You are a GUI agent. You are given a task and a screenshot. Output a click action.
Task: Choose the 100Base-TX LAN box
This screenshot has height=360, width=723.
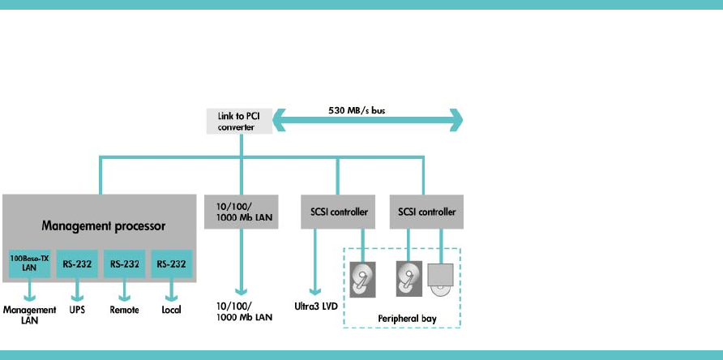click(x=29, y=264)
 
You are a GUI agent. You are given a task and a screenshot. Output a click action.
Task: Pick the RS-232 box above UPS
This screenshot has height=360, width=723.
click(x=78, y=264)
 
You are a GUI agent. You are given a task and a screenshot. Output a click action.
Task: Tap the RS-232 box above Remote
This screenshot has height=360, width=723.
click(x=125, y=264)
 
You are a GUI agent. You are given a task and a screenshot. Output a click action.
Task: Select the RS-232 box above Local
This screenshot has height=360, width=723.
click(x=172, y=264)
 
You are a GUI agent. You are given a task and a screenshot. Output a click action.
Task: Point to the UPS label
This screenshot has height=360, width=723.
click(x=77, y=311)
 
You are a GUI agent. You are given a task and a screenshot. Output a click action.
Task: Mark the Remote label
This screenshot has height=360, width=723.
click(x=124, y=311)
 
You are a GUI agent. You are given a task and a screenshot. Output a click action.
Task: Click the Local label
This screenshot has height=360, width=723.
click(x=171, y=311)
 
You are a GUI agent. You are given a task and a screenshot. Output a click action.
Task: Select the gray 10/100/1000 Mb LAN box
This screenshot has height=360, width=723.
click(x=242, y=212)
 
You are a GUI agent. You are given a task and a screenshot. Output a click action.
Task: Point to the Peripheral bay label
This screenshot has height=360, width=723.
click(x=407, y=319)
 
